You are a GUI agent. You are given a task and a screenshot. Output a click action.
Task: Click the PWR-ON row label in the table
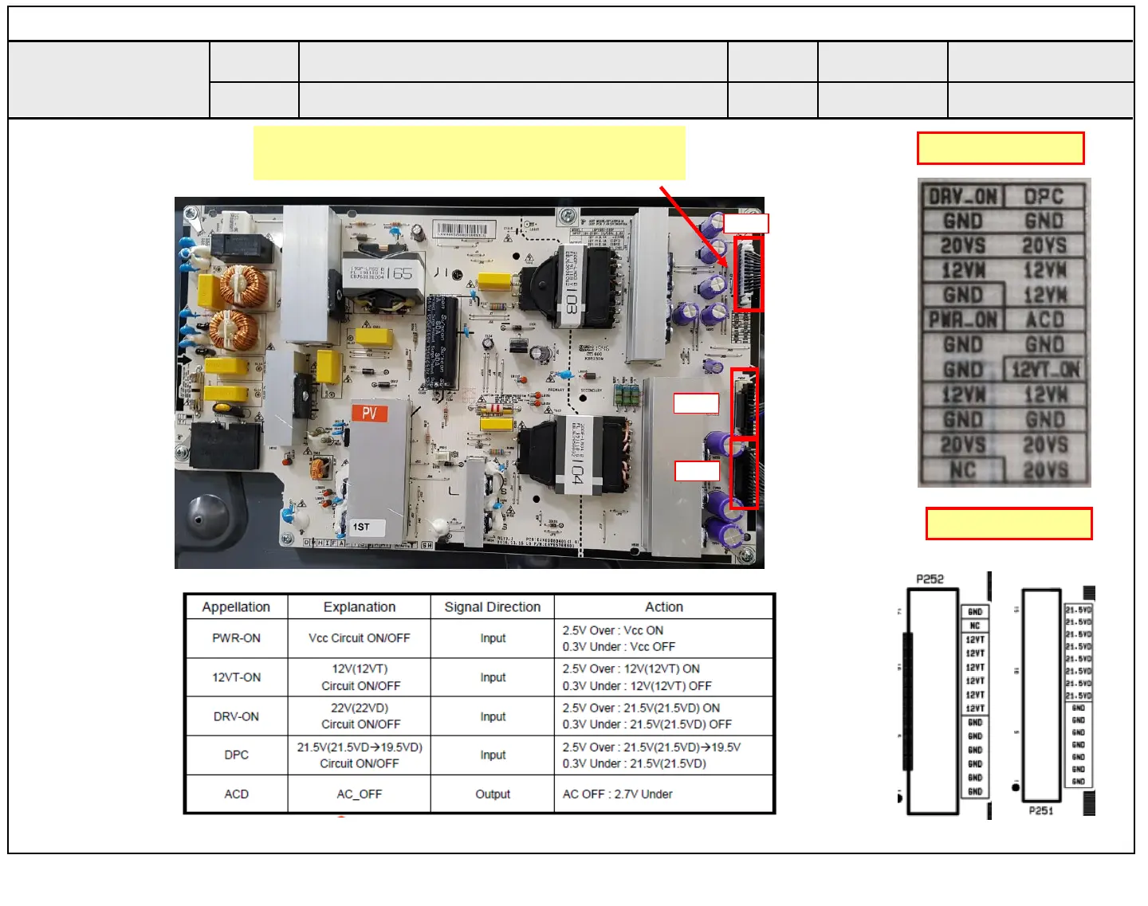(236, 638)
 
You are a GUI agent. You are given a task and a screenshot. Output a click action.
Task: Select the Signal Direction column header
(492, 607)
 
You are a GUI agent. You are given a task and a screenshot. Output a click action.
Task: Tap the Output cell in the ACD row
(492, 794)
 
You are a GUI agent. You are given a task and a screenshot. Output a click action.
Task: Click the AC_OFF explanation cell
(359, 794)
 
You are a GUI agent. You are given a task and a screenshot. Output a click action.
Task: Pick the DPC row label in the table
(236, 755)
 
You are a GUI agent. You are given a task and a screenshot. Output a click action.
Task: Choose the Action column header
(663, 607)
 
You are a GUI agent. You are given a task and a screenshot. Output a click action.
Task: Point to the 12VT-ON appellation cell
(236, 677)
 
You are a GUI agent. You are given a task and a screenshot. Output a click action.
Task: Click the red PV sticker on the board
(370, 413)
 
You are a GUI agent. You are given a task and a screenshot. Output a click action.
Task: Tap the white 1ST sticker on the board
(362, 527)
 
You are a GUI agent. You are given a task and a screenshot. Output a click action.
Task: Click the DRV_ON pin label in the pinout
(962, 197)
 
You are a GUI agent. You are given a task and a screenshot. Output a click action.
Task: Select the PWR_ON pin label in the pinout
(962, 320)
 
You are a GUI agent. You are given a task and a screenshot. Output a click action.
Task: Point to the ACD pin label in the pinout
(1044, 320)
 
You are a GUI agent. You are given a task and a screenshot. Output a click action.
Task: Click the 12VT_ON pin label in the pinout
(1045, 370)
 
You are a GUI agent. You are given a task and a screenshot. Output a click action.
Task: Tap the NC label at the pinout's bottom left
(962, 470)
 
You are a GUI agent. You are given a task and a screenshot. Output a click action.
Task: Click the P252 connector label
(930, 579)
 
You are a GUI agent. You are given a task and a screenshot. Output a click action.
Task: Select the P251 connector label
(1040, 810)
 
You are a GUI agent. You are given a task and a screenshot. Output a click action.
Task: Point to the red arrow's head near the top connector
(725, 265)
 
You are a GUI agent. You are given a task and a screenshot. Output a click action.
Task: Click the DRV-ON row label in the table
(236, 716)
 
